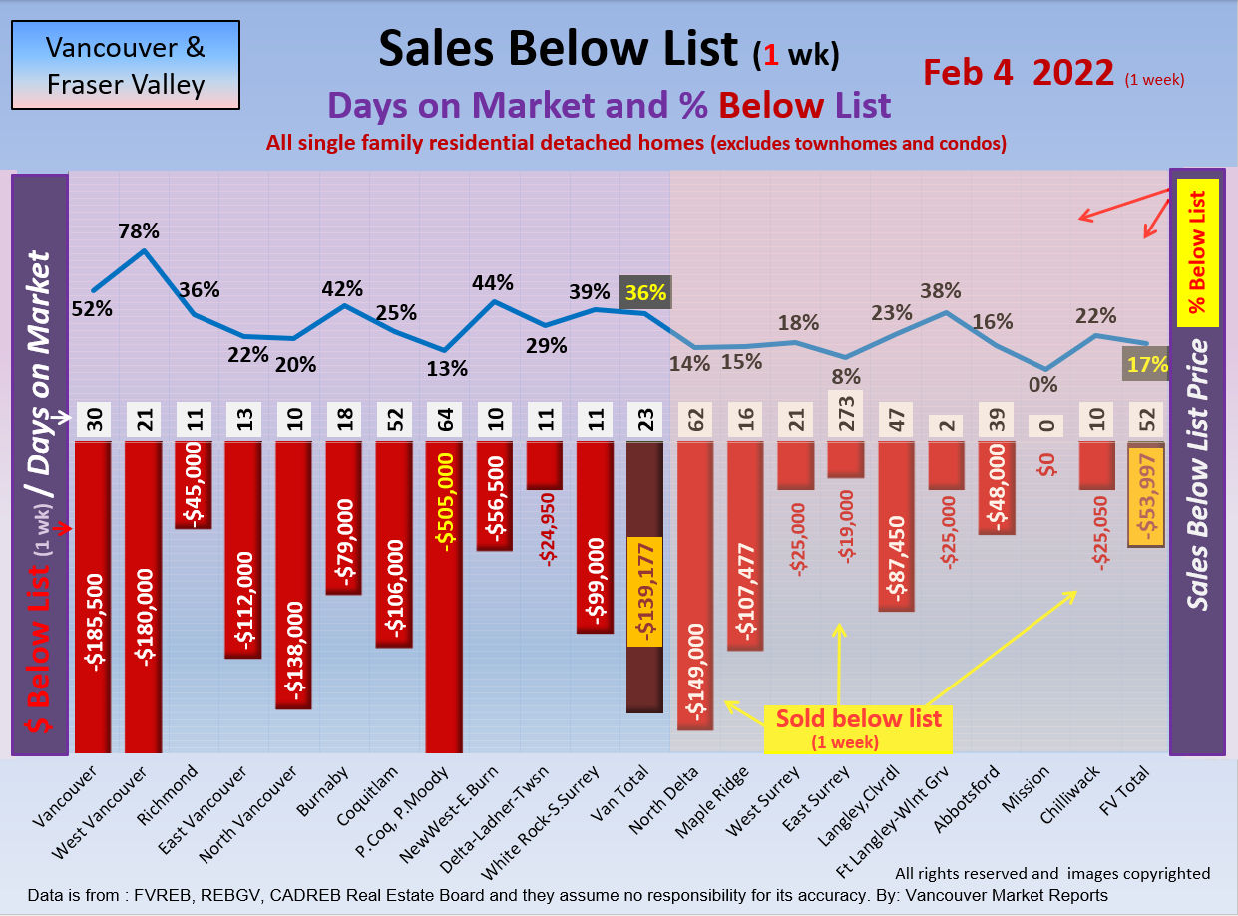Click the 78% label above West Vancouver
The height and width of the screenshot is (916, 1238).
tap(139, 230)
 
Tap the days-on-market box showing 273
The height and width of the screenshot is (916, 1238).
tap(845, 414)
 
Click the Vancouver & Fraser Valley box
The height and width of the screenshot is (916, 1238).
tap(126, 66)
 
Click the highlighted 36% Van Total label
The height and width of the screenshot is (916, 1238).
tap(645, 293)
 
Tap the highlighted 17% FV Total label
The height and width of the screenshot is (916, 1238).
tap(1147, 364)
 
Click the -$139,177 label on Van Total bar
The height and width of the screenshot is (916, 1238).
tap(644, 594)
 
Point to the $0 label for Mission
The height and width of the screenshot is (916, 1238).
tap(1045, 463)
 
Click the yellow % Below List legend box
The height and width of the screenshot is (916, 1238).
tap(1197, 253)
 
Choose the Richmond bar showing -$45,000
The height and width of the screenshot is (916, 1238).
tap(194, 484)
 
